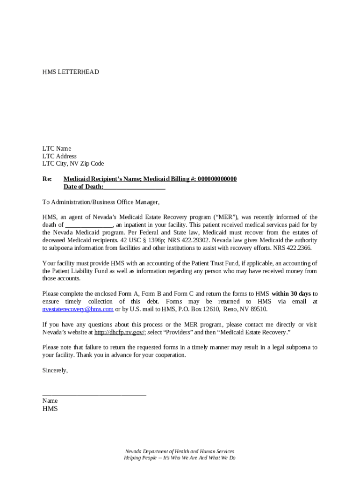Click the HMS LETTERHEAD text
[x=71, y=72]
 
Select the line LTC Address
[x=59, y=156]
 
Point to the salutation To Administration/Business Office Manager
[x=101, y=202]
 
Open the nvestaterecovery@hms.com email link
[x=78, y=309]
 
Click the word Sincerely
[x=55, y=370]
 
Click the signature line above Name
[x=94, y=394]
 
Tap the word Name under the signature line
[x=50, y=401]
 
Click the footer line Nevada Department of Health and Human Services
[x=180, y=451]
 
